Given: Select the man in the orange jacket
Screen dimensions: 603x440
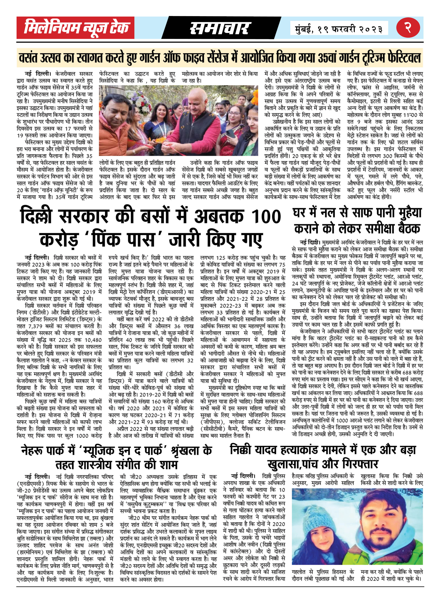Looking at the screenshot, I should [115, 125].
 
